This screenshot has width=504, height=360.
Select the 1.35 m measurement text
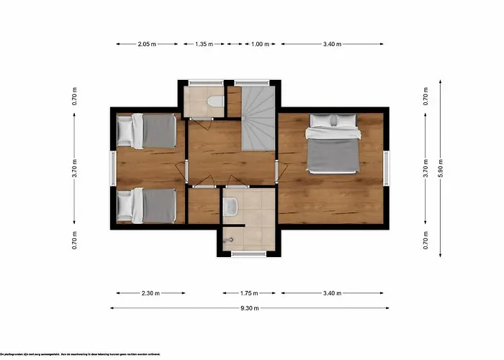point(204,44)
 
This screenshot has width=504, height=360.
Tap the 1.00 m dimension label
point(260,44)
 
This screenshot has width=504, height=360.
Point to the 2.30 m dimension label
point(150,293)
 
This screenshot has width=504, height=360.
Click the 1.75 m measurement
point(250,293)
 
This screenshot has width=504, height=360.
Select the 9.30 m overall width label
point(250,308)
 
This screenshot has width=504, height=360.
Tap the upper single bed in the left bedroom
point(147,130)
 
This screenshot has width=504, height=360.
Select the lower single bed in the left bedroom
point(147,205)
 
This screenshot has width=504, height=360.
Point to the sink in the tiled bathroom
point(230,208)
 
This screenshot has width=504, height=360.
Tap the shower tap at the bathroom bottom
point(230,238)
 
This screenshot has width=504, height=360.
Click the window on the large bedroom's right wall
point(386,168)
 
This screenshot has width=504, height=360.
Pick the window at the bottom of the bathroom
point(248,253)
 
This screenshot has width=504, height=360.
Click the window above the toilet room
point(204,81)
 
